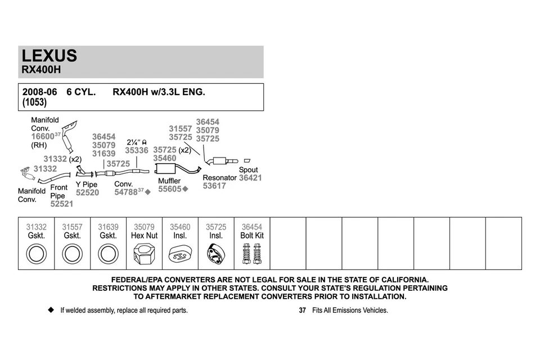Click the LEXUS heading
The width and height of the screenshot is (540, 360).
coord(49,56)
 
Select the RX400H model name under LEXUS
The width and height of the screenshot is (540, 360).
coord(41,71)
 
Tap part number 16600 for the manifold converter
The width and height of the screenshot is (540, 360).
coord(42,136)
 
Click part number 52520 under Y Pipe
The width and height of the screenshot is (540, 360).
coord(87,192)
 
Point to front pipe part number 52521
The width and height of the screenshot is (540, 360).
coord(62,204)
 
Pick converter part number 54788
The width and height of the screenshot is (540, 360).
coord(125,192)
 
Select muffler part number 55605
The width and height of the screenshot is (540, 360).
coord(169,189)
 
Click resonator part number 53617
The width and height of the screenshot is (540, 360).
coord(214,186)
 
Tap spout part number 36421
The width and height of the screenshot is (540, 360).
coord(250,178)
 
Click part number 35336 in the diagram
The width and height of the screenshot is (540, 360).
coord(137,150)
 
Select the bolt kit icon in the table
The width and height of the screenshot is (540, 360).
coord(251,254)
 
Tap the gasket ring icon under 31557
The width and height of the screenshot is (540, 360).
coord(72,254)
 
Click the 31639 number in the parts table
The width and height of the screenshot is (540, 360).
coord(108,227)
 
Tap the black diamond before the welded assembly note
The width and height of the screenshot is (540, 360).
coord(51,310)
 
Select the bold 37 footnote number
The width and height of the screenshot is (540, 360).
coord(302,310)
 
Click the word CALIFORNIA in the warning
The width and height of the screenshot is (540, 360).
coord(401,280)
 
